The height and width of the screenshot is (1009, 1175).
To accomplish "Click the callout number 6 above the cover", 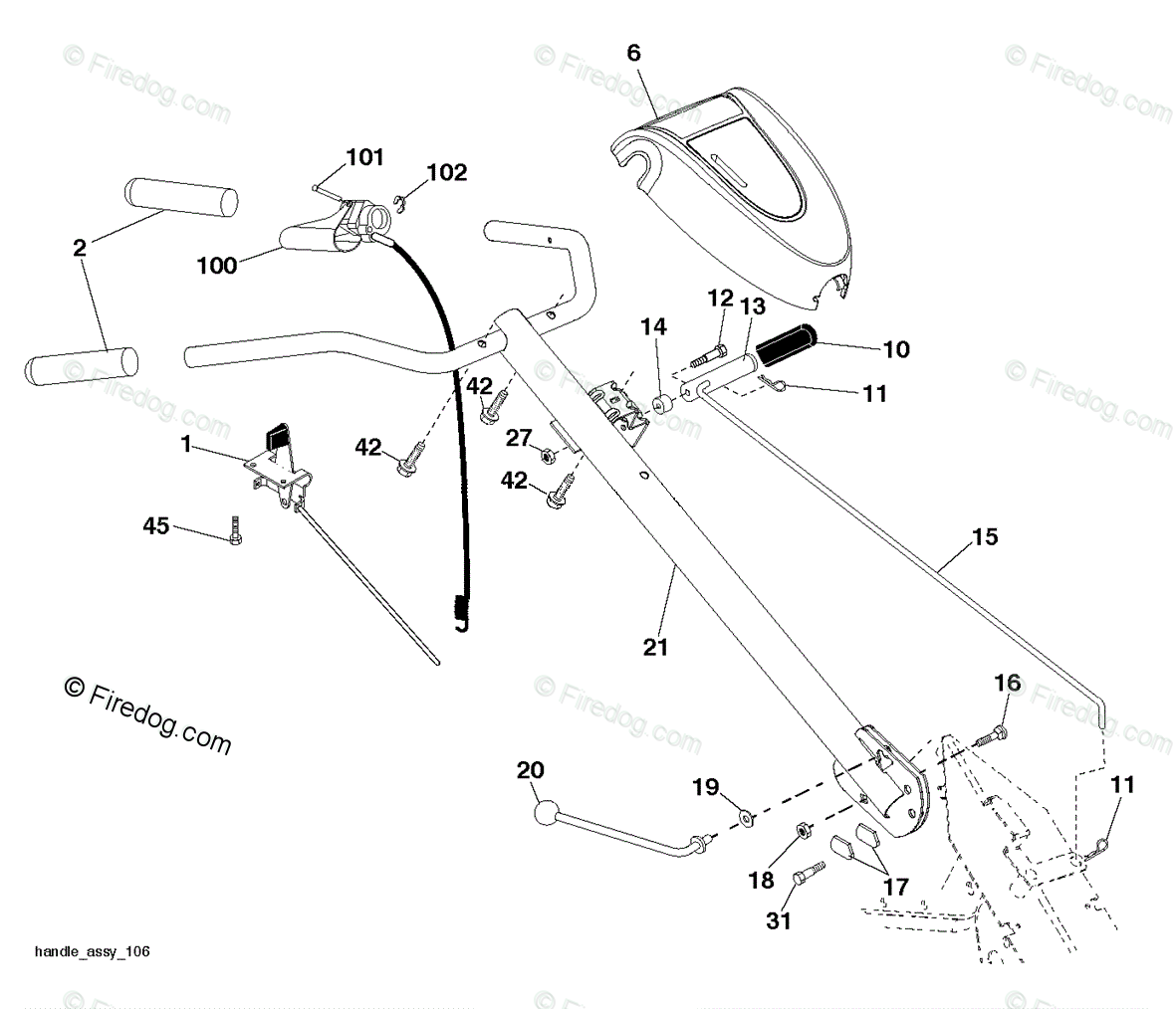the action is pos(634,53).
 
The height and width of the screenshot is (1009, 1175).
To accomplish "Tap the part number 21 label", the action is pos(655,647).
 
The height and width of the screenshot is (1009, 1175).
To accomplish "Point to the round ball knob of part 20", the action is pos(547,814).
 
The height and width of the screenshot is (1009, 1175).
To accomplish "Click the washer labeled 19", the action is pos(747,818).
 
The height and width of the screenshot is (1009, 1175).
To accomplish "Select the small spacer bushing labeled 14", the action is pos(662,405).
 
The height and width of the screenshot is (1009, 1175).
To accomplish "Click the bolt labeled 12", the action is pos(708,355).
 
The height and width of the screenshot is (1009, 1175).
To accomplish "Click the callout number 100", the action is pos(216,265).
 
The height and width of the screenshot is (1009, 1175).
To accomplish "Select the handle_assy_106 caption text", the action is pos(93,951).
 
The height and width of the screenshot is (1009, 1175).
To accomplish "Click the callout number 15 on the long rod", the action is pos(985,536).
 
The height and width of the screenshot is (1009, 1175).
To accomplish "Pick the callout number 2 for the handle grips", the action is pos(80,247).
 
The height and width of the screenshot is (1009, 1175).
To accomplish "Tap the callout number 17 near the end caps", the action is pos(895,887).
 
